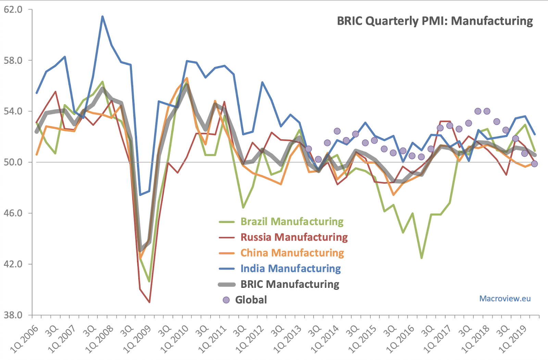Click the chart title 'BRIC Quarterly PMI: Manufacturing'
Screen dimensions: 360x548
point(435,21)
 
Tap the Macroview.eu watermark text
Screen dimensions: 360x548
point(505,299)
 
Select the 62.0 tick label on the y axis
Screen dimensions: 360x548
point(13,10)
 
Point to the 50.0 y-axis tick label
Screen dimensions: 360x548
point(13,162)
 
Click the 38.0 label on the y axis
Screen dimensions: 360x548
point(13,315)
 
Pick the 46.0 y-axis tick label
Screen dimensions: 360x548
point(13,213)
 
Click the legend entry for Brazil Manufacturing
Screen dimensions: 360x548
point(292,222)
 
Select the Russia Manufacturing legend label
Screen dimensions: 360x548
point(294,237)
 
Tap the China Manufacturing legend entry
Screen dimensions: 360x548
point(292,253)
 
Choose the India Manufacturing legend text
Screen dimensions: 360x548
point(290,269)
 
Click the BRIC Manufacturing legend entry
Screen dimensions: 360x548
point(290,284)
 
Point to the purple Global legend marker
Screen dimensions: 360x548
point(226,300)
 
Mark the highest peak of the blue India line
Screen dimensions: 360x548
point(102,16)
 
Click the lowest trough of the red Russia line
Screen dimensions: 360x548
point(149,302)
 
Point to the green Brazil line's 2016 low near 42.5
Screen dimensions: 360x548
point(422,258)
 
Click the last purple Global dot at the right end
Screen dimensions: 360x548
point(534,164)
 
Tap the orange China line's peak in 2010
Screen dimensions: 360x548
point(187,78)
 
